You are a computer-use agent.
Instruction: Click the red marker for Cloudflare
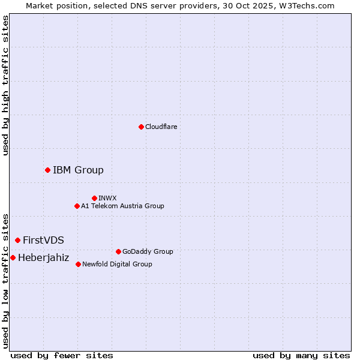click(141, 127)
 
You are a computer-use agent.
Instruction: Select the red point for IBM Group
click(47, 170)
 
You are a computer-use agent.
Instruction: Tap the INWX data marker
click(94, 198)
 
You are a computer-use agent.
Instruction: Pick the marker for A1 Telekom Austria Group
click(77, 206)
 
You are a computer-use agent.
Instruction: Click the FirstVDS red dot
click(17, 240)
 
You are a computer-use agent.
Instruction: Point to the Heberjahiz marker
click(13, 257)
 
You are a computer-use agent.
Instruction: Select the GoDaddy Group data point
click(118, 251)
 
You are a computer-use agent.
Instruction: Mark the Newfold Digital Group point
click(78, 264)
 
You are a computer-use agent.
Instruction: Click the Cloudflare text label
click(161, 127)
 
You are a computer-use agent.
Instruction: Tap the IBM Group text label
click(78, 170)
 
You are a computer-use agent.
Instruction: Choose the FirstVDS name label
click(43, 240)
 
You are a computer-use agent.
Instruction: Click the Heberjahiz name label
click(43, 257)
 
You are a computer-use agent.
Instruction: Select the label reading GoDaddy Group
click(148, 251)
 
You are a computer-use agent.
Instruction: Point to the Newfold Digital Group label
click(117, 264)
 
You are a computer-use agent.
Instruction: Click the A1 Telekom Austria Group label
click(122, 206)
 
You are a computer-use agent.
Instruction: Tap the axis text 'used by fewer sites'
click(62, 355)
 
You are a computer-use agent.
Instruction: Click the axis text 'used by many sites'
click(301, 355)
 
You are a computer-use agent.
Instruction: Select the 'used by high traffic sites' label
click(5, 85)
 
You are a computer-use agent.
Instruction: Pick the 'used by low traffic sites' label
click(5, 280)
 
